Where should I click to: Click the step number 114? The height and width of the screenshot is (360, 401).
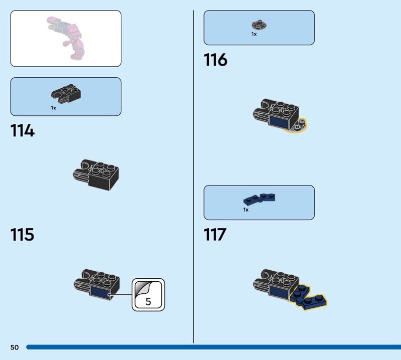tap(23, 131)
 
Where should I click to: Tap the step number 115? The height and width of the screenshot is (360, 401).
tap(23, 234)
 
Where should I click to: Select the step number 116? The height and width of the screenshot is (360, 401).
tap(216, 60)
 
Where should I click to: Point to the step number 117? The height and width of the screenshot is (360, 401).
tap(215, 234)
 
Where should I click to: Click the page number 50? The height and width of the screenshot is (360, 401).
tap(14, 347)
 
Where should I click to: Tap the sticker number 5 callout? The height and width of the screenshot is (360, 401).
tap(148, 295)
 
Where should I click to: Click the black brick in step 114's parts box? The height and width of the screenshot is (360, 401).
tap(67, 92)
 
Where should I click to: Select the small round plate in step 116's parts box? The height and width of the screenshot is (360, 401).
tap(259, 24)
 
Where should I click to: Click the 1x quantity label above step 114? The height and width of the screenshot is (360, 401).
tap(53, 108)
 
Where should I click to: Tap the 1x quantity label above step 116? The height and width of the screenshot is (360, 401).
tap(254, 34)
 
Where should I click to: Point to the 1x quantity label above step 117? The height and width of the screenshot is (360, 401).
tap(246, 210)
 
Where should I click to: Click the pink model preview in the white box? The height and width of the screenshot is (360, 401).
tap(68, 38)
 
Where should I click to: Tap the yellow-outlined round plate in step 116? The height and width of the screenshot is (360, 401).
tap(299, 125)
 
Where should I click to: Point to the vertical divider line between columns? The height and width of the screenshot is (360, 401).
tap(193, 175)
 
